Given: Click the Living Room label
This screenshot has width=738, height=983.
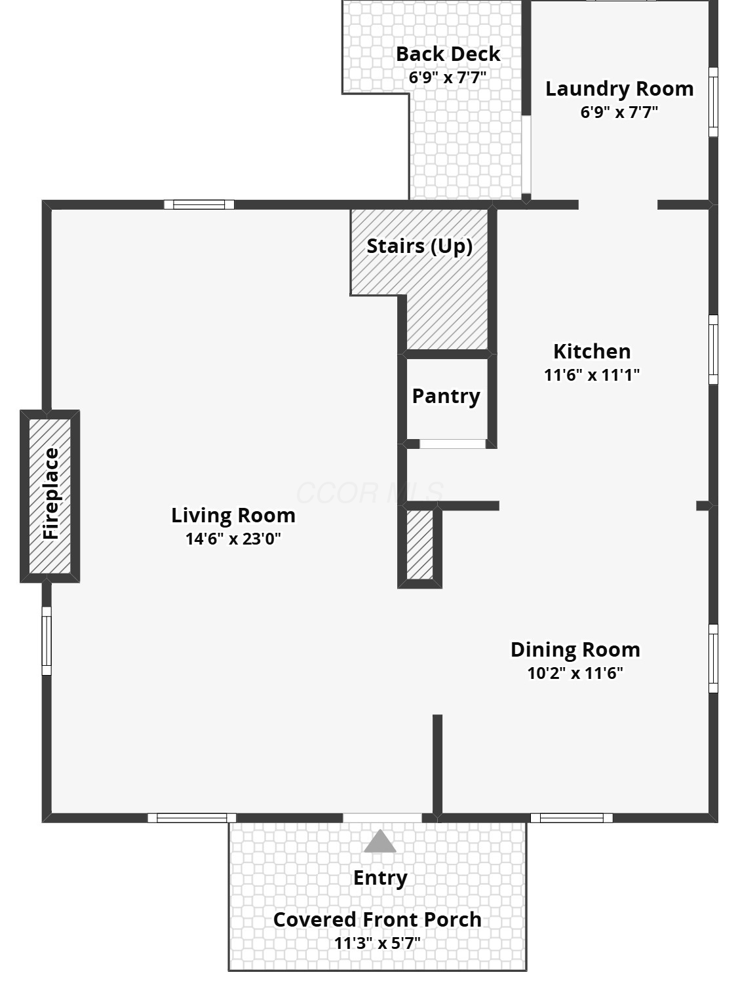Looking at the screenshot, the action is click(233, 515).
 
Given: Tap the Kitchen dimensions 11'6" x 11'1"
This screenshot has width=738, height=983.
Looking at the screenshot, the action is click(592, 375).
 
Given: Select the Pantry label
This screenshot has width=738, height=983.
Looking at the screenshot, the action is click(446, 396).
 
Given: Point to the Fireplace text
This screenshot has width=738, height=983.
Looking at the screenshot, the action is click(50, 493).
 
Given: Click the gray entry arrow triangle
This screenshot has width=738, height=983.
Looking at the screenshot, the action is click(379, 841).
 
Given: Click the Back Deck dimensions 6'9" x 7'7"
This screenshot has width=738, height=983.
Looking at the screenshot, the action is click(448, 77).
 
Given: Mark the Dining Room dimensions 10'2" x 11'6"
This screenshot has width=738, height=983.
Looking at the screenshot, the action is click(575, 673).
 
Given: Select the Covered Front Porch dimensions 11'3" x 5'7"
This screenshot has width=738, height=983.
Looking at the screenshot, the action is click(378, 944).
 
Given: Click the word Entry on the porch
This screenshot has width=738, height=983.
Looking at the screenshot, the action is click(380, 878).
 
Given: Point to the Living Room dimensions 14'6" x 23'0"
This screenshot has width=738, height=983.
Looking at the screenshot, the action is click(233, 539).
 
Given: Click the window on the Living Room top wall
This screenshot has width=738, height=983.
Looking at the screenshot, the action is click(199, 204).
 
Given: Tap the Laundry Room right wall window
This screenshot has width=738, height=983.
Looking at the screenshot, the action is click(713, 102).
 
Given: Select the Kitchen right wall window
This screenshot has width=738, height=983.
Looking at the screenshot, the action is click(713, 349).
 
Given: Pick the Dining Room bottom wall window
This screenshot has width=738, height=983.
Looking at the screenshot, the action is click(572, 819).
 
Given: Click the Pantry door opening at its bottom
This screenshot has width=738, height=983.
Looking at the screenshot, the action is click(452, 444).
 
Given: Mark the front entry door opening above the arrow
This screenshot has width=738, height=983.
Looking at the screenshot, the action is click(382, 819).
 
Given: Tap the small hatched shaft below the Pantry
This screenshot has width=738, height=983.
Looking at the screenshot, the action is click(419, 545).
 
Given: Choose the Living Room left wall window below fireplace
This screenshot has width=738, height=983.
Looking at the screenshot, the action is click(47, 641).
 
